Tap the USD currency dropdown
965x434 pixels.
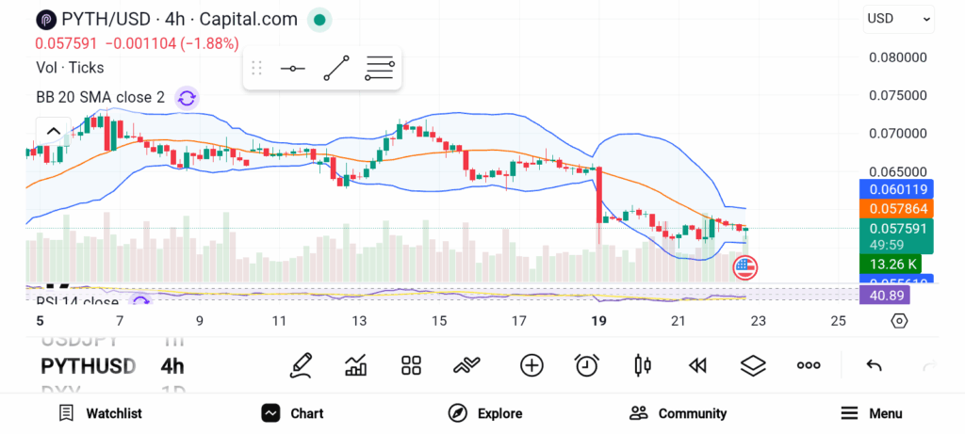(x=898, y=19)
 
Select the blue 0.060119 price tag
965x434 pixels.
(x=898, y=189)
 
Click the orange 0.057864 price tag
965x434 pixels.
(x=898, y=208)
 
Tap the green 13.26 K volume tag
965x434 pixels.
(x=894, y=264)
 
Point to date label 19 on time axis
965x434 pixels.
(x=597, y=321)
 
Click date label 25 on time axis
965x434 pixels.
(x=839, y=321)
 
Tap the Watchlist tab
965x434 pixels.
(x=100, y=413)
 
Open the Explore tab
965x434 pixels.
(x=484, y=413)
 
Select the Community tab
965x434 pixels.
(x=678, y=413)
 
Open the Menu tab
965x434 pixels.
(x=871, y=413)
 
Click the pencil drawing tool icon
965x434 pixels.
(x=301, y=365)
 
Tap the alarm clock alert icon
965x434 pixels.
(x=587, y=365)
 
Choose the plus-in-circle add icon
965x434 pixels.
(x=532, y=365)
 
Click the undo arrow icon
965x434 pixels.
(x=874, y=365)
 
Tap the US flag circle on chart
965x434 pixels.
(x=744, y=267)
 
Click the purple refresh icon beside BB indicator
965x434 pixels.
(x=187, y=97)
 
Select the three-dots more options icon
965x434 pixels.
(x=809, y=365)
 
